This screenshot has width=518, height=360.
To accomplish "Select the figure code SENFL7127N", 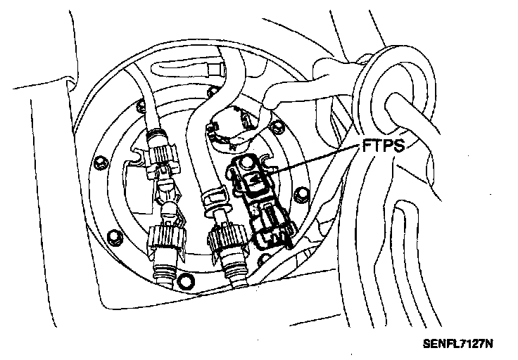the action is pos(457,346).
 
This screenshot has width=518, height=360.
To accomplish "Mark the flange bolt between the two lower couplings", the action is pos(186,281).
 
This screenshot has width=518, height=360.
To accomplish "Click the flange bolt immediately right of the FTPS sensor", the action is pos(303,194).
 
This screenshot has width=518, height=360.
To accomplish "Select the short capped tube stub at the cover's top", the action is pos(211,69).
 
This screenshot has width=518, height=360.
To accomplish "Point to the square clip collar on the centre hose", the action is pos(212,197).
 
